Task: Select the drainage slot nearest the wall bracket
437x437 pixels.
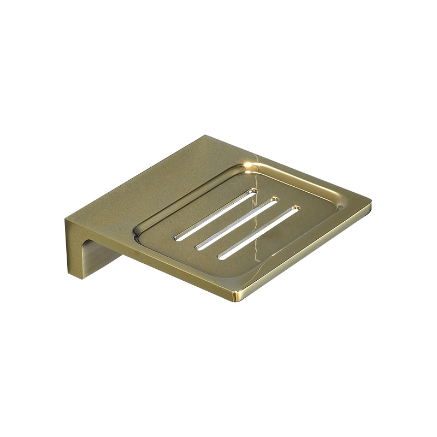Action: click(x=216, y=213)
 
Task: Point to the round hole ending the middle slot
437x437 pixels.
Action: click(x=275, y=199)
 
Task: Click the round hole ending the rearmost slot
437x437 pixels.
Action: click(x=254, y=191)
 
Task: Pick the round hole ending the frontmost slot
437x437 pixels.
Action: click(x=296, y=208)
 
